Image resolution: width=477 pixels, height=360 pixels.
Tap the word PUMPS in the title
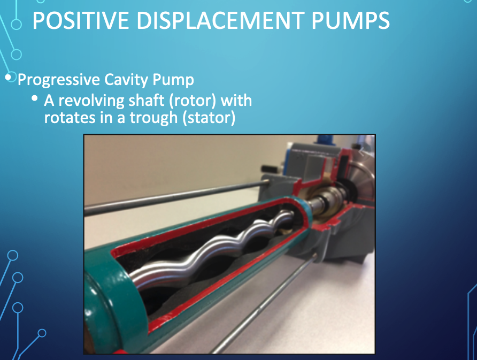350,20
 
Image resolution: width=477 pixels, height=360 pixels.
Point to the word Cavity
127,80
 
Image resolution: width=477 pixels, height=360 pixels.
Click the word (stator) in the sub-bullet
209,118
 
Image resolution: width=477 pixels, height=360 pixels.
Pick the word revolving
91,101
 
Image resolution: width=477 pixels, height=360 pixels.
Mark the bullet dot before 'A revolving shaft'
35,98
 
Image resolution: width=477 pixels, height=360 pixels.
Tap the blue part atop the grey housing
326,139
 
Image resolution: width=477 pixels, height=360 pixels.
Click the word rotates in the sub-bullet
70,118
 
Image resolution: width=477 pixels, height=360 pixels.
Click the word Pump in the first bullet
173,80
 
